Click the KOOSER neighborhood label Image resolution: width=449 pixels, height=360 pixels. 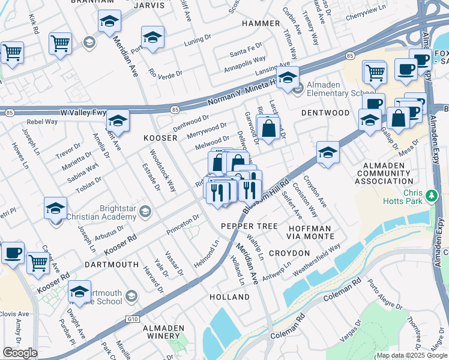coord(160,138)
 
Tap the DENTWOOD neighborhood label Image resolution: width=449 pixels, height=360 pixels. coord(325,113)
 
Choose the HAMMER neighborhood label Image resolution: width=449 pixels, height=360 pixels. coord(261,23)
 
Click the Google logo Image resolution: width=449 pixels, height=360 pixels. coord(20,353)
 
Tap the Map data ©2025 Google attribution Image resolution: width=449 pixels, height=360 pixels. coord(411,355)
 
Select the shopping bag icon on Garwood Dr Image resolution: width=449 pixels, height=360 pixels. coord(268,127)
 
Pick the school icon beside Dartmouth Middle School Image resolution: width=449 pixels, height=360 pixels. coord(79,291)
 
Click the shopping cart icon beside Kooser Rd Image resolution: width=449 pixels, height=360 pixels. coord(38,262)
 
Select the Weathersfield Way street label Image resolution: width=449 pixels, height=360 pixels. coord(316,260)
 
